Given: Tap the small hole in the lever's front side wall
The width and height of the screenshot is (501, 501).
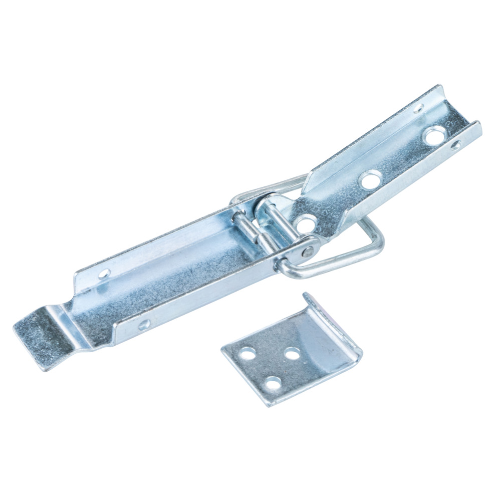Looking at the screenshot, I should point(144,325).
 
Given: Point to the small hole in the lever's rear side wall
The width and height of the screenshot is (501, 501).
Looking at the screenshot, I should point(104,273).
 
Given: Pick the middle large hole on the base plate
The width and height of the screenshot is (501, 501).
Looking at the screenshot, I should point(371,179).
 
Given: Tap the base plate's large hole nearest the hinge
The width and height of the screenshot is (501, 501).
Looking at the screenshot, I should point(304,223).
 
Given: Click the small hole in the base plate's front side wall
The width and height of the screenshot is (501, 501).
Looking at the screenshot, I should point(455,145).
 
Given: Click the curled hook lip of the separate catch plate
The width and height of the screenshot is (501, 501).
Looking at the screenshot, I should point(333,321).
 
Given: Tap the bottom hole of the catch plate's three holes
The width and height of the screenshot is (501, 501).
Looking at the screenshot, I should point(273,384).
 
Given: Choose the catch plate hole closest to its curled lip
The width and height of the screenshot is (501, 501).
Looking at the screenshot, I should point(292,353).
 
